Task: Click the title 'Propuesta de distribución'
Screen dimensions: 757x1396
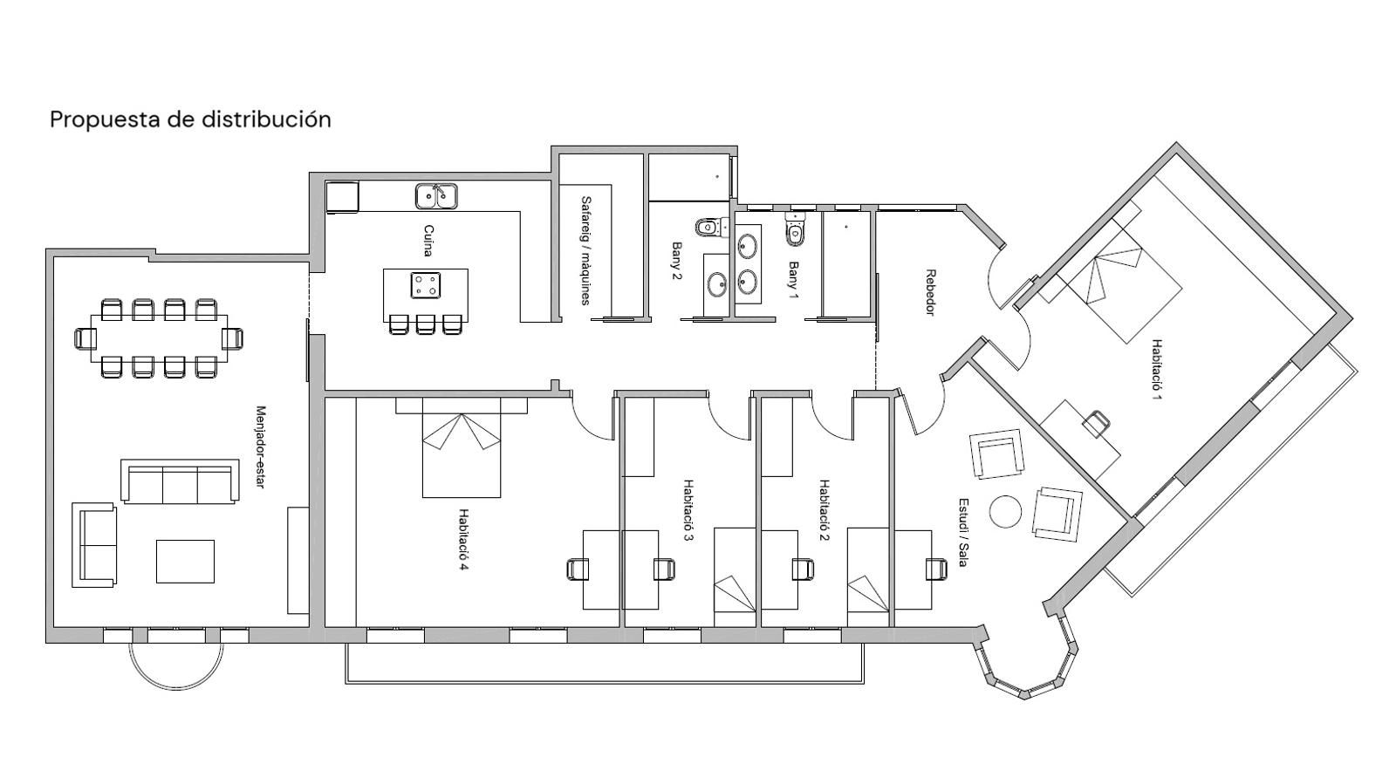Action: tap(190, 119)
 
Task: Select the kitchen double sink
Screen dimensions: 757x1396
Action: tap(436, 196)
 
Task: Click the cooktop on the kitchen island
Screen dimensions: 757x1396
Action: tap(426, 284)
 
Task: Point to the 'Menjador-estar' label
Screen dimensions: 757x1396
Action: tap(259, 447)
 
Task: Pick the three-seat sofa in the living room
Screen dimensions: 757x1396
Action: tap(180, 482)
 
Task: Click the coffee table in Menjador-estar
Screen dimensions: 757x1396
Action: tap(185, 562)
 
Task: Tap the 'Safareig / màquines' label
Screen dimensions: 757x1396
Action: tap(585, 249)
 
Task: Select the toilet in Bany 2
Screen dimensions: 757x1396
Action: tap(706, 228)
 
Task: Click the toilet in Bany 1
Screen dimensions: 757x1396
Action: tap(794, 230)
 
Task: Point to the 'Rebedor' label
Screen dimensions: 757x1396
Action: tap(930, 292)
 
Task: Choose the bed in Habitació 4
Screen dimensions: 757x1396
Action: tap(462, 452)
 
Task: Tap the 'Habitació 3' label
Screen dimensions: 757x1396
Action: tap(688, 510)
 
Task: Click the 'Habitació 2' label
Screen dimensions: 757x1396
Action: tap(823, 510)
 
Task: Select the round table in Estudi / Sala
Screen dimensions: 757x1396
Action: tap(1005, 511)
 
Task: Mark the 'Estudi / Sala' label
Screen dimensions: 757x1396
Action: tap(962, 532)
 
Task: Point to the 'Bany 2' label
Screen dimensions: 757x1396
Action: tap(676, 261)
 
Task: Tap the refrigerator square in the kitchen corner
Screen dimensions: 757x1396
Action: tap(342, 197)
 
